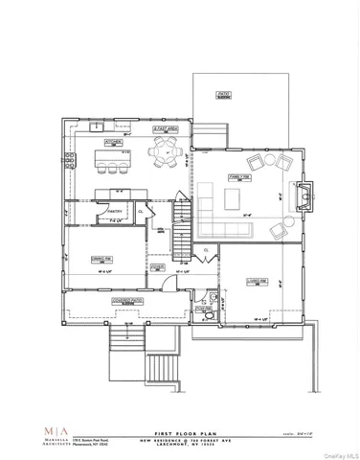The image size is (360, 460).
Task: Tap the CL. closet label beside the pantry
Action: tap(141, 212)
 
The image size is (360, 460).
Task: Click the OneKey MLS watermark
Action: tap(337, 453)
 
